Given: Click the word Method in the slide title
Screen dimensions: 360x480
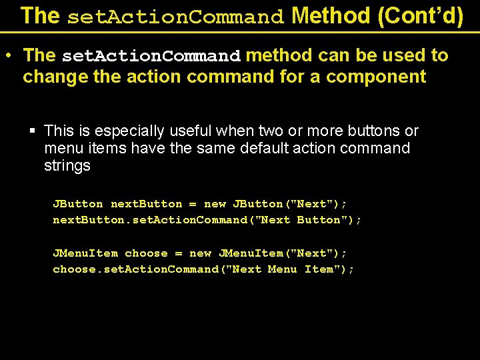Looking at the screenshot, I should click(x=331, y=15).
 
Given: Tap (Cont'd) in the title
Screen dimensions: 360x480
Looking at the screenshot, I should click(x=420, y=15).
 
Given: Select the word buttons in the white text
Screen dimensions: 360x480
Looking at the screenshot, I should click(x=368, y=131).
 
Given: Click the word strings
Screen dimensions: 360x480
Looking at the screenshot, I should click(x=67, y=165).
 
